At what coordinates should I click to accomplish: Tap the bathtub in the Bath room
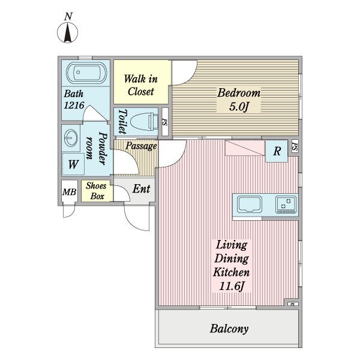pyautogui.click(x=85, y=74)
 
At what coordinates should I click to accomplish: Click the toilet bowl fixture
pyautogui.click(x=142, y=121)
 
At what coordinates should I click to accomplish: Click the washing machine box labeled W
pyautogui.click(x=73, y=163)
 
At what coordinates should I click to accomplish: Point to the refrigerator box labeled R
pyautogui.click(x=277, y=151)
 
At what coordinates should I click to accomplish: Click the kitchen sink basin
pyautogui.click(x=248, y=204)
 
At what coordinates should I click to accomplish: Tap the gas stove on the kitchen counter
pyautogui.click(x=286, y=205)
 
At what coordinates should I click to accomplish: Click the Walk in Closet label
pyautogui.click(x=141, y=85)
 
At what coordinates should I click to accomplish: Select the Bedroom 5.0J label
pyautogui.click(x=238, y=100)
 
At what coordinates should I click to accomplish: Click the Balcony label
pyautogui.click(x=229, y=329)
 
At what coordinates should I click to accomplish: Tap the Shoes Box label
pyautogui.click(x=97, y=191)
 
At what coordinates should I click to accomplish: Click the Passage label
pyautogui.click(x=141, y=146)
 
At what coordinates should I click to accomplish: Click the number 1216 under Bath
pyautogui.click(x=76, y=106)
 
